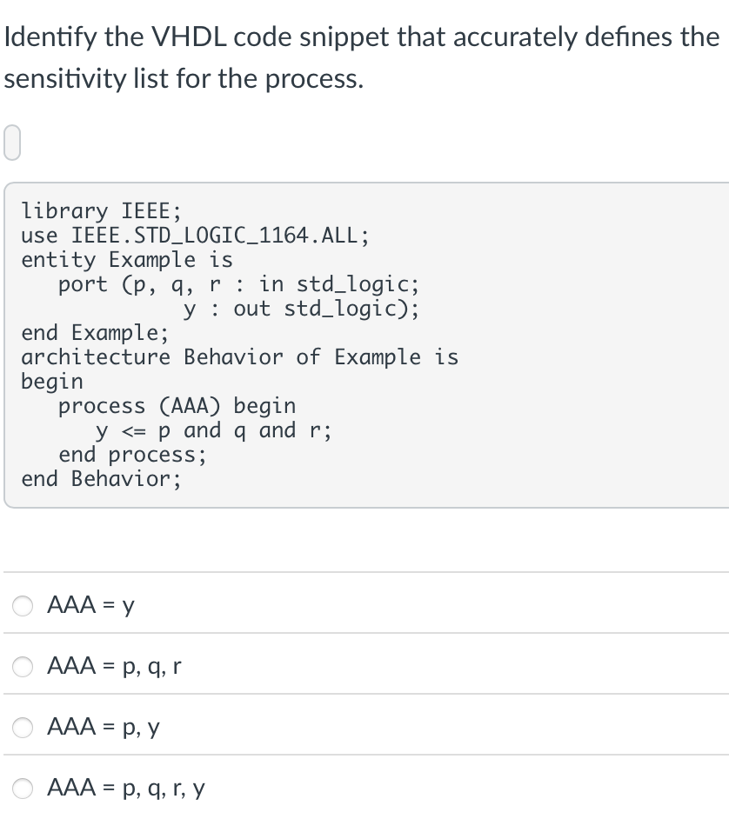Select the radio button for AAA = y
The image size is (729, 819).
pyautogui.click(x=23, y=606)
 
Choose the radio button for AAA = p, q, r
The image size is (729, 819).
pyautogui.click(x=23, y=667)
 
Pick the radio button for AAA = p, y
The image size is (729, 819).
pyautogui.click(x=23, y=727)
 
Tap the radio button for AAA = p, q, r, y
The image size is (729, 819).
pyautogui.click(x=23, y=788)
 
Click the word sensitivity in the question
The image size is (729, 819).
pyautogui.click(x=72, y=79)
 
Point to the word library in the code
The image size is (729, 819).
pyautogui.click(x=64, y=210)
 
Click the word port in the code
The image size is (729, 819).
pyautogui.click(x=83, y=284)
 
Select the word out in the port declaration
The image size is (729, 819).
pyautogui.click(x=251, y=309)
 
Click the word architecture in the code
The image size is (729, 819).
pyautogui.click(x=96, y=357)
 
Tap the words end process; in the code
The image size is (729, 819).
pyautogui.click(x=132, y=455)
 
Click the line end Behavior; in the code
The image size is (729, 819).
pyautogui.click(x=101, y=479)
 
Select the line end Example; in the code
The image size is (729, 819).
pyautogui.click(x=95, y=333)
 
